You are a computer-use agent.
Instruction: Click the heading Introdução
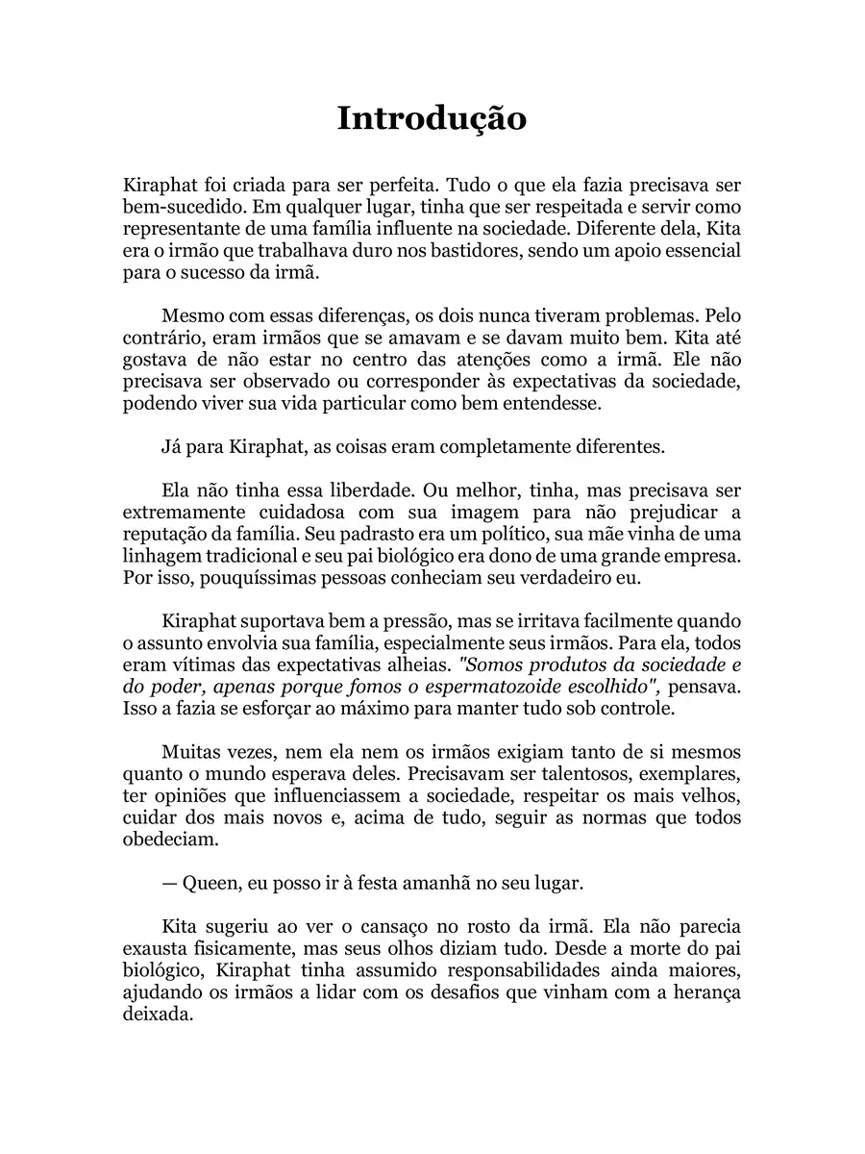tap(432, 118)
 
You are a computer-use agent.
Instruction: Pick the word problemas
tap(673, 315)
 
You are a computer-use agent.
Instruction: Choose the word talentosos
tap(594, 776)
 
